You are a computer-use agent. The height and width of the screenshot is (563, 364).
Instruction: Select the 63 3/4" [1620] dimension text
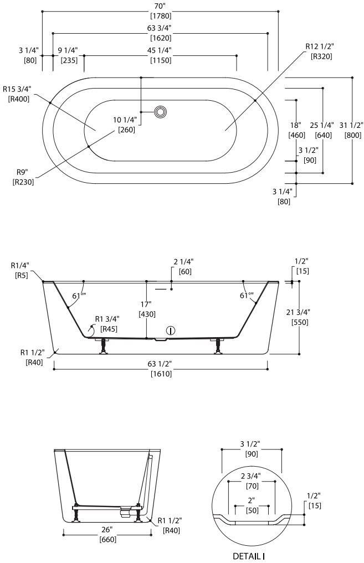click(x=160, y=33)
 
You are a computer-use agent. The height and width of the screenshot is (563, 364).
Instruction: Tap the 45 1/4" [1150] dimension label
click(x=160, y=55)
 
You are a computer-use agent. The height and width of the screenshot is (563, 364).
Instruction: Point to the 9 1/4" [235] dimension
click(x=68, y=55)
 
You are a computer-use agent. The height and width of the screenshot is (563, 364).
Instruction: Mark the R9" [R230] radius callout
click(x=23, y=177)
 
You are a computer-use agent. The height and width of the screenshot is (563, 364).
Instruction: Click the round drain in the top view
click(x=160, y=112)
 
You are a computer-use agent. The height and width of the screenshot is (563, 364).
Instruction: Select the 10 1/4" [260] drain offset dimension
click(x=126, y=125)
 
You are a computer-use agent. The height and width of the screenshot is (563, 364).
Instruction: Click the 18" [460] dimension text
click(x=296, y=130)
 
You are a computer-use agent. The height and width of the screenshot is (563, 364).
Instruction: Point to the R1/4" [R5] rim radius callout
click(x=20, y=269)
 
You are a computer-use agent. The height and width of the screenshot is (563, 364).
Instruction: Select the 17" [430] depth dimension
click(x=147, y=308)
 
